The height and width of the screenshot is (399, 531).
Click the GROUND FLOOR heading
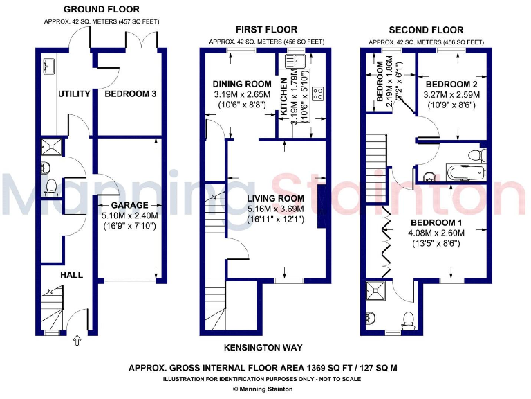[101, 10]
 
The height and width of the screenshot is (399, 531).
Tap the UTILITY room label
[74, 94]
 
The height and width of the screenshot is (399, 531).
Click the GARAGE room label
[130, 205]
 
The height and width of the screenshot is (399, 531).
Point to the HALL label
[71, 275]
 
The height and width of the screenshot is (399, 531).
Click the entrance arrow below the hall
[77, 340]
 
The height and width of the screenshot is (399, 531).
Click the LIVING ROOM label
[276, 198]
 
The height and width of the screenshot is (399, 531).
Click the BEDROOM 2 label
[451, 84]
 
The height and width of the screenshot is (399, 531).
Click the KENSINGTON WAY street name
[263, 347]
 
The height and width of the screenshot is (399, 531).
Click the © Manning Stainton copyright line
[262, 389]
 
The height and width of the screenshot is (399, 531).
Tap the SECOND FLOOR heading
[426, 30]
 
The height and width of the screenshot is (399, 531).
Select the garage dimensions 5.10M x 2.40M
[130, 215]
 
